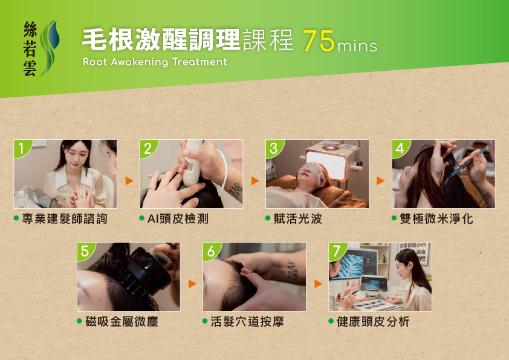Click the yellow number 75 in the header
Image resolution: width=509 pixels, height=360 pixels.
click(x=319, y=41)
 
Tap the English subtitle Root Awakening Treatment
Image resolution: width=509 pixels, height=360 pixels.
click(x=155, y=62)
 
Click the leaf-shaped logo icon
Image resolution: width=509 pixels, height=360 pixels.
click(x=50, y=48)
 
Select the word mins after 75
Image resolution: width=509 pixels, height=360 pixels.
click(x=357, y=46)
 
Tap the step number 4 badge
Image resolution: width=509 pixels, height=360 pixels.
click(x=400, y=148)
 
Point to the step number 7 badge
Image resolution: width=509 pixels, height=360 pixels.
click(x=337, y=251)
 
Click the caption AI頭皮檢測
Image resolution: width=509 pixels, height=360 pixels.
click(x=178, y=218)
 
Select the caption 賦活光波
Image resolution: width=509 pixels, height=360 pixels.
click(x=297, y=218)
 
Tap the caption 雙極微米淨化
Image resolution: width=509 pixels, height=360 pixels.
click(x=436, y=218)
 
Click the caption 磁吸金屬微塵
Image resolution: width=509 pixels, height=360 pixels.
click(x=122, y=322)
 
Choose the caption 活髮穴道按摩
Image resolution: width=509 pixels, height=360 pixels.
click(x=247, y=322)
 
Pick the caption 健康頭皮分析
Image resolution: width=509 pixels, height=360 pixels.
click(x=373, y=322)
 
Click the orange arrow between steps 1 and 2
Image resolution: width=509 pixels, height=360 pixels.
click(x=129, y=181)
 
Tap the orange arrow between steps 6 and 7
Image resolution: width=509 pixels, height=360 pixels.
click(x=318, y=284)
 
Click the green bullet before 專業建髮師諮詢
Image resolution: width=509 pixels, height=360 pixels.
click(x=16, y=218)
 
